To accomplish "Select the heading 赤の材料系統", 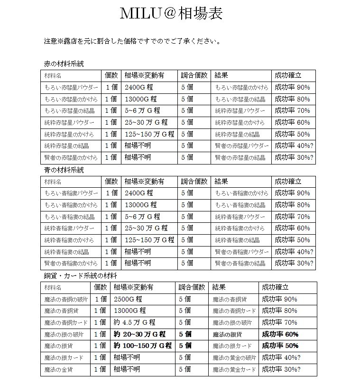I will (x=64, y=64).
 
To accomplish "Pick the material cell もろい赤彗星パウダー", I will (x=71, y=88).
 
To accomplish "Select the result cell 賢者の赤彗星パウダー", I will (x=242, y=146).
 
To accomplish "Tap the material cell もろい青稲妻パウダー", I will (x=71, y=193).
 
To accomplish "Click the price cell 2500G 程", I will (x=128, y=299).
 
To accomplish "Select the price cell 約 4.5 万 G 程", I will (x=135, y=322).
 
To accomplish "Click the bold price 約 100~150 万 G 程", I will (x=143, y=346).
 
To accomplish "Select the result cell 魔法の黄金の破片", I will (x=234, y=357).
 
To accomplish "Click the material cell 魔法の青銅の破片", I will (x=65, y=299).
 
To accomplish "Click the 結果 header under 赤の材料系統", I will (x=222, y=75).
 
